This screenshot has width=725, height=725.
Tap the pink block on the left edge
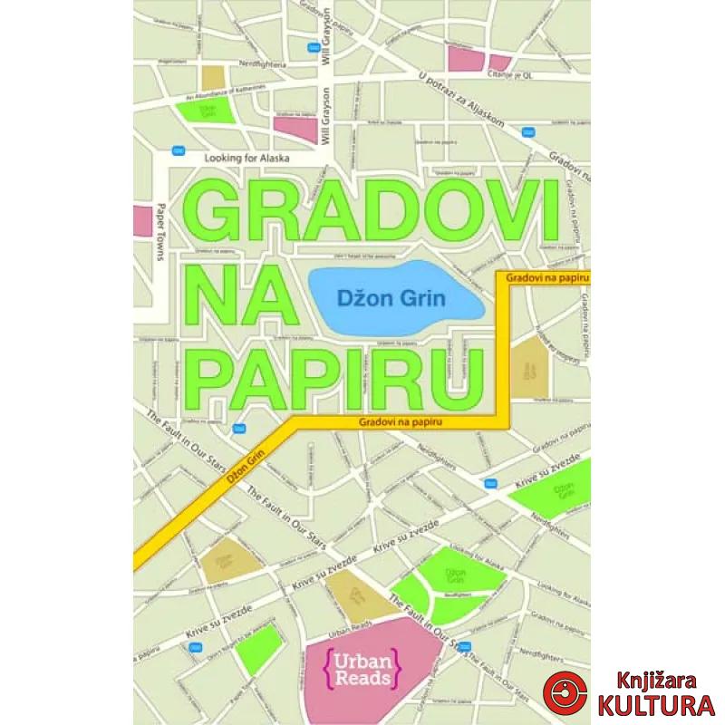[x=141, y=220]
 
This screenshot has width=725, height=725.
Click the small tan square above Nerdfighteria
[x=213, y=77]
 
